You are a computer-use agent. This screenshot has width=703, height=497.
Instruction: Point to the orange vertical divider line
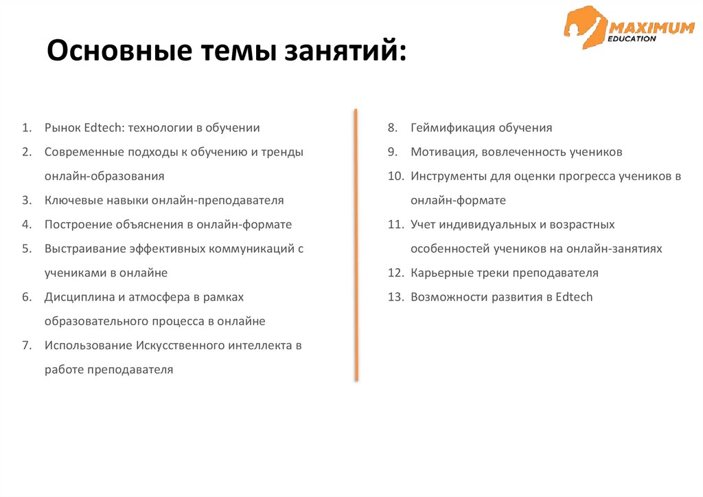(x=356, y=244)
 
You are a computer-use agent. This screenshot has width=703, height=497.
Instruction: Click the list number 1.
(x=26, y=128)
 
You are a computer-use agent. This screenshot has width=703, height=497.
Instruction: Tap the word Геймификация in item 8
(x=452, y=128)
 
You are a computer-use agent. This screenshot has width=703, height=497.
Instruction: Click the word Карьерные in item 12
(x=440, y=273)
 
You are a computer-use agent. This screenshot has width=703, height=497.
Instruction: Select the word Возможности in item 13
(x=447, y=297)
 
